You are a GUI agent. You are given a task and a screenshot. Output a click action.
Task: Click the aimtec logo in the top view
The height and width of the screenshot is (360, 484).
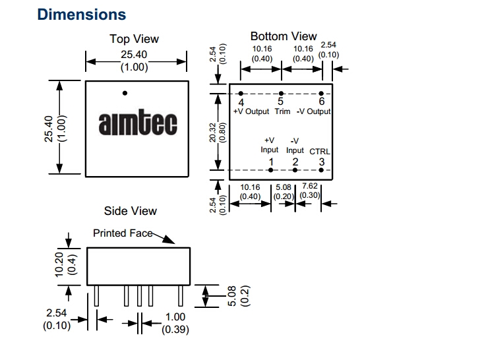coord(133,124)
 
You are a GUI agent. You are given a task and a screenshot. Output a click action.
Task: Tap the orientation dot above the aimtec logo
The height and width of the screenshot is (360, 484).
coord(125,93)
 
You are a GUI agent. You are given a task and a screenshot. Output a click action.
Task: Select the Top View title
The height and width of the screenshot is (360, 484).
coord(134,40)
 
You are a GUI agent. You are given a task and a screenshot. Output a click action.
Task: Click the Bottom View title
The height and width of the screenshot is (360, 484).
coord(284,36)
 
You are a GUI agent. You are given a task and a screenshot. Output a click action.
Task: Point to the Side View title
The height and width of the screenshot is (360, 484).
coord(131,211)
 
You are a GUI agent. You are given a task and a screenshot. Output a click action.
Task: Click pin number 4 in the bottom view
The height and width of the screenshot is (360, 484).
coord(241,102)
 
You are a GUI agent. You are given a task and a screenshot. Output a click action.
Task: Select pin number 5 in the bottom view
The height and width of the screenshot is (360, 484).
coord(280,102)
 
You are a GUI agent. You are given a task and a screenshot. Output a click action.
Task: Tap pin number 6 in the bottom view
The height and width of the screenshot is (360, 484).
coord(321,102)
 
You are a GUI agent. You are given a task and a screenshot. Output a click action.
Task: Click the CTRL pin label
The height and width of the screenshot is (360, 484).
coord(320,152)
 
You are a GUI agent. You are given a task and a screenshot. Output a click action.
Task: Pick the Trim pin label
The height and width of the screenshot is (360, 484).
coord(282,111)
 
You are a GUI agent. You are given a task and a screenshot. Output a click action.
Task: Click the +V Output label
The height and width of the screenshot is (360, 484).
coord(251,111)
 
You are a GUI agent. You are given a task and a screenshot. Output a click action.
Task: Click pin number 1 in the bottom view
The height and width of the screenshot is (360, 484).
coord(270,162)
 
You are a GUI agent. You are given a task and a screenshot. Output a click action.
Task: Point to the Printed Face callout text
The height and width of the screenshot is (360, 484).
coord(123,233)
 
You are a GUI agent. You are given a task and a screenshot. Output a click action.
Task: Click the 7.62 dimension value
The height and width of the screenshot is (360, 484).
coord(309,187)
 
